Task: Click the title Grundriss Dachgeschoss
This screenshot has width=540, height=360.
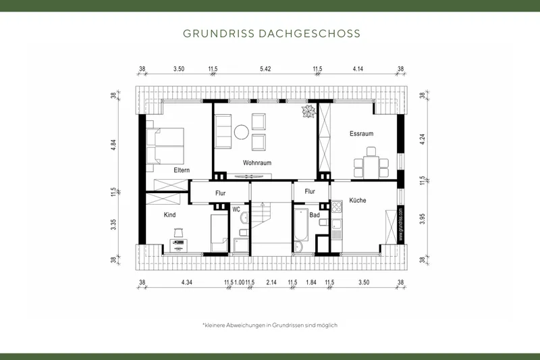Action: click(271, 33)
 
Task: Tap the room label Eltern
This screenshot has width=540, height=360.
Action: click(181, 170)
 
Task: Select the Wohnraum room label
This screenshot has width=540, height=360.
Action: click(256, 163)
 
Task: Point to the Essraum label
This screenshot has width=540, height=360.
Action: click(361, 134)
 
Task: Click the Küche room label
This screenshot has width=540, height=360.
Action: click(358, 201)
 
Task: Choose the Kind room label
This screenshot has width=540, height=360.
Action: click(169, 215)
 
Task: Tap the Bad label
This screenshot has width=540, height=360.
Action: click(315, 215)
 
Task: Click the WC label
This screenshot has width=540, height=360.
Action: click(236, 209)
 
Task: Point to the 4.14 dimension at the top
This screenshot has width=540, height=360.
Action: click(358, 69)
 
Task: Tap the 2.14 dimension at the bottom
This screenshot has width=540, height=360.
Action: click(271, 282)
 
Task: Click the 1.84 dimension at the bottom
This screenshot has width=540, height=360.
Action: click(311, 282)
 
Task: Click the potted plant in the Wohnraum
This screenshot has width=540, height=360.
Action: click(309, 112)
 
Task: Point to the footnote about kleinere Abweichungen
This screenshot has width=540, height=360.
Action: click(270, 325)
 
